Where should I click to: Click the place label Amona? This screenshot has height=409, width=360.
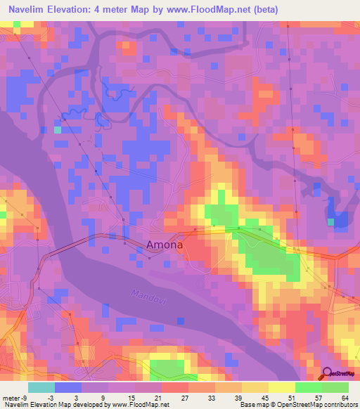[x=165, y=245]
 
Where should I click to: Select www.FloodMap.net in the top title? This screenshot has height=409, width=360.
[x=212, y=10]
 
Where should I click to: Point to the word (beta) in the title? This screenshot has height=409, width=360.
[x=265, y=10]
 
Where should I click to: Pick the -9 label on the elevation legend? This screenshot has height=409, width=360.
[x=23, y=397]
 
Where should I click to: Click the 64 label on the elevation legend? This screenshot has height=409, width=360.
[x=345, y=397]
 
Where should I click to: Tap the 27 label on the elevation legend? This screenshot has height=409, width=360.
[x=184, y=397]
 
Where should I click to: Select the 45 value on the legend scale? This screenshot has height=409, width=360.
[x=265, y=397]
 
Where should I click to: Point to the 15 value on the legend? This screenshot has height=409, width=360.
[x=131, y=397]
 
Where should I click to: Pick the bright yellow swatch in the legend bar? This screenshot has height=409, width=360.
[x=282, y=387]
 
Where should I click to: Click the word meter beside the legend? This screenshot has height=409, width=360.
[x=10, y=397]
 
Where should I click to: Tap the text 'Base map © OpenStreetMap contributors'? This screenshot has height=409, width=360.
[x=298, y=405]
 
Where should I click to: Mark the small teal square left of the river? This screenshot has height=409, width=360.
[x=58, y=129]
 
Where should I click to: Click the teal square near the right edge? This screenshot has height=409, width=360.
[x=330, y=222]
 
